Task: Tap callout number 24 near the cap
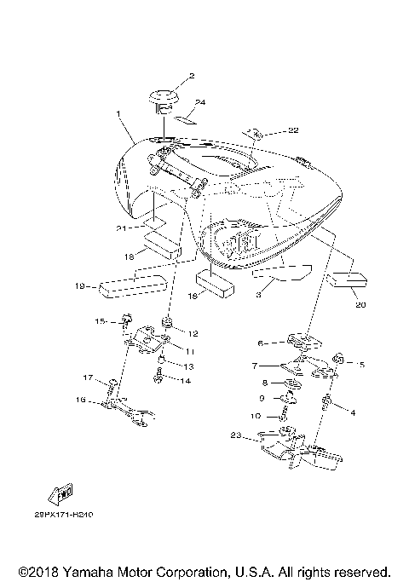[x=200, y=103]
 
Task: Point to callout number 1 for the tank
[x=118, y=112]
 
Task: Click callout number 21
[x=121, y=228]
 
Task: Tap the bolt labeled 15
[x=126, y=321]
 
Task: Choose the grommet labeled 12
[x=169, y=323]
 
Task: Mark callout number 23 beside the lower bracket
[x=236, y=436]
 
